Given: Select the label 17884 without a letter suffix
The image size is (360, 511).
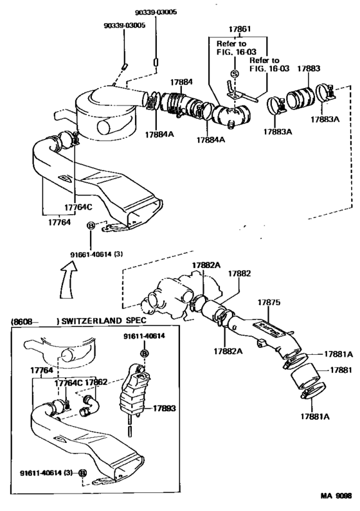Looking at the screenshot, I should click(x=181, y=82).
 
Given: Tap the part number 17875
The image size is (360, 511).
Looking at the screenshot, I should click(x=271, y=301).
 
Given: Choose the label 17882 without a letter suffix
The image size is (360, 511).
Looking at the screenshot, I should click(x=242, y=273).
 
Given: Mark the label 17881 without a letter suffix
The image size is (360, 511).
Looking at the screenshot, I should click(x=340, y=371).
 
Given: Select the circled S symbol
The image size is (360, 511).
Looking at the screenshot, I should click(x=235, y=75).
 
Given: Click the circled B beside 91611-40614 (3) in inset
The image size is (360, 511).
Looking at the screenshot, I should click(x=82, y=473).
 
